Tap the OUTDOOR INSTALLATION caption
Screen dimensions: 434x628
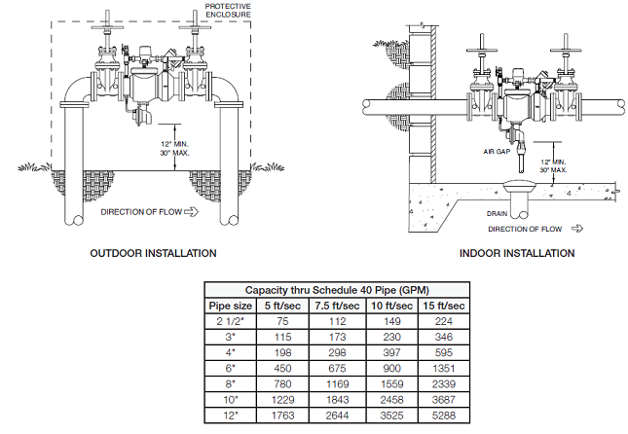(x=153, y=253)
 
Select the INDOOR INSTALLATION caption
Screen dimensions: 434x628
(x=515, y=253)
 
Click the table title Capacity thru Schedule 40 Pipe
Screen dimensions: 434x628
(x=336, y=290)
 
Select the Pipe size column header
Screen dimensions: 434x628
(x=233, y=307)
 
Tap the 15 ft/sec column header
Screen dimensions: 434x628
(x=443, y=307)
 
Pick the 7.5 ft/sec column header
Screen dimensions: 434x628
(x=336, y=307)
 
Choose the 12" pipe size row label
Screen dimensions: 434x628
(x=233, y=416)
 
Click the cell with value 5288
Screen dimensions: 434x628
(x=443, y=416)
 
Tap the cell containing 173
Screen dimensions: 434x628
(x=336, y=338)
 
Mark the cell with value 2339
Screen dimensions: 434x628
(x=443, y=384)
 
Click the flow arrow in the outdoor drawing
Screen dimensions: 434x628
(x=191, y=210)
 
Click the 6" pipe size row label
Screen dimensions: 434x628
(x=233, y=369)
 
